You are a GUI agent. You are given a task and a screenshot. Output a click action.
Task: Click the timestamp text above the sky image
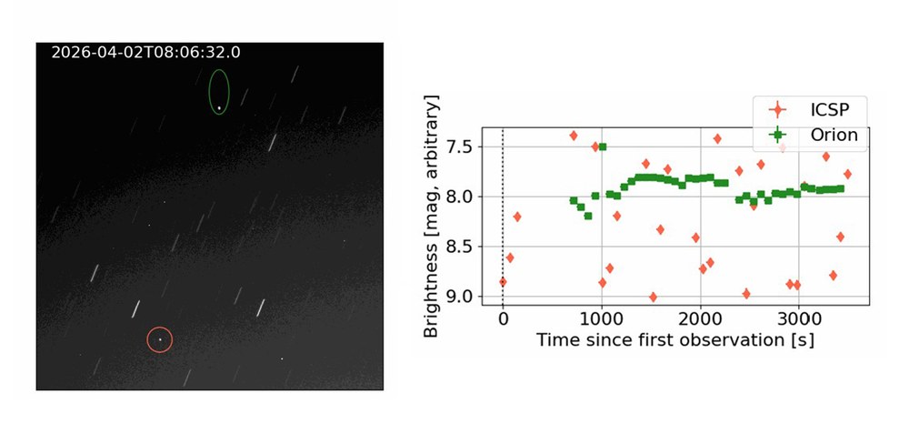tap(145, 53)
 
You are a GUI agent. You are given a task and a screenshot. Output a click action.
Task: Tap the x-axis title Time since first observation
tap(674, 340)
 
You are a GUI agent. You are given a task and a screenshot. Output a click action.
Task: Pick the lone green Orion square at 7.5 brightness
tap(603, 146)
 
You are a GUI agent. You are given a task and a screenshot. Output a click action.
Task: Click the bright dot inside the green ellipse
tap(219, 107)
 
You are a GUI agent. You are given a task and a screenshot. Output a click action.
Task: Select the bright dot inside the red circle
tap(159, 339)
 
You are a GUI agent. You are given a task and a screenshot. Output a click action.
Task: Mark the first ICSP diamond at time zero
tap(503, 282)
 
